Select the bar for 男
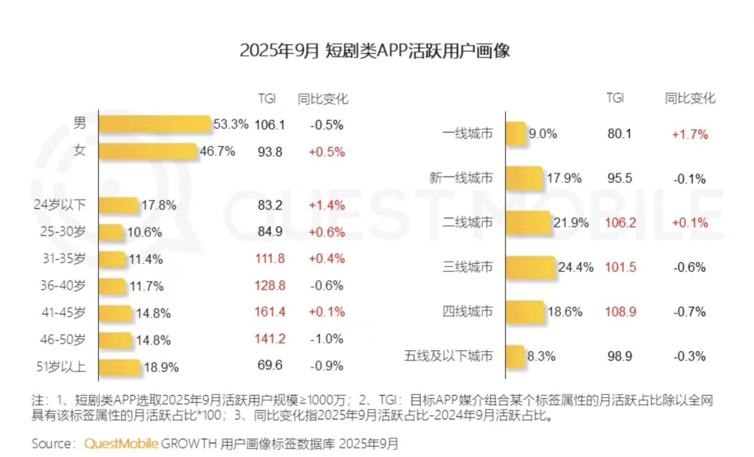coord(156,124)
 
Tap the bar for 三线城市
coord(530,267)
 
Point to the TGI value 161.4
coord(269,313)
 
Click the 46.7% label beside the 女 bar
coord(218,152)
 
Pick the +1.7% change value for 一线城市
coord(690,134)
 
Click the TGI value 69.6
coord(269,367)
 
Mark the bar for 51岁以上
coord(119,367)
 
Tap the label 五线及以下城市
coord(448,356)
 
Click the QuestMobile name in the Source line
coord(121,444)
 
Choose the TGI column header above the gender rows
coord(267,99)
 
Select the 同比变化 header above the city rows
coord(690,99)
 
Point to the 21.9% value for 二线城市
coord(571,223)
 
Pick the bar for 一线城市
coord(515,134)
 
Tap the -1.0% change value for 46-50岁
coord(327,339)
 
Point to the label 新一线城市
coord(462,178)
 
